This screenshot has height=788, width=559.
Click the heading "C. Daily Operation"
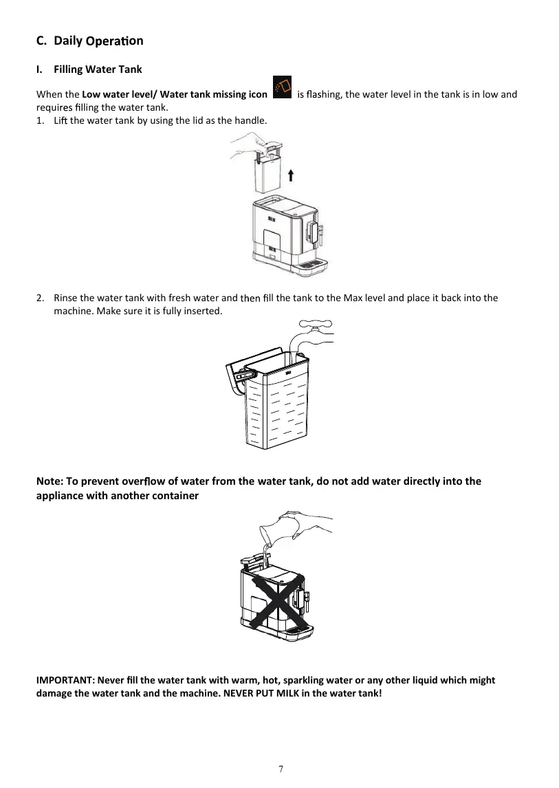click(x=89, y=41)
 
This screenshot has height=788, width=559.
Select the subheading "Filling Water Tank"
click(x=98, y=69)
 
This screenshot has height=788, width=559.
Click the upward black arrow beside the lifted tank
click(x=292, y=175)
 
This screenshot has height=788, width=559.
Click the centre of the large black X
click(x=277, y=597)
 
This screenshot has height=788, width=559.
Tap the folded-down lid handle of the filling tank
click(x=237, y=378)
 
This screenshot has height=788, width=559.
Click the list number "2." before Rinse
click(x=40, y=298)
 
